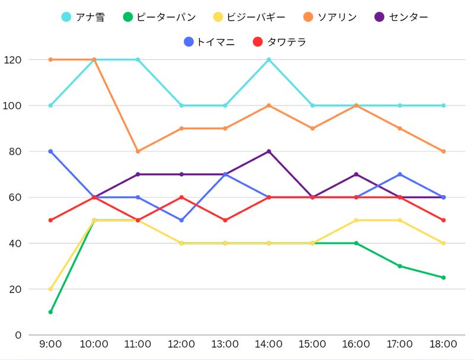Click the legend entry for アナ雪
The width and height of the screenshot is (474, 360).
[83, 17]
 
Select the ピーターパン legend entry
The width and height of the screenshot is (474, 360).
[159, 17]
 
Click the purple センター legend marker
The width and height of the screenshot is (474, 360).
[379, 17]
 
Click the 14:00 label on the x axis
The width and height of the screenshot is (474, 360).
[269, 345]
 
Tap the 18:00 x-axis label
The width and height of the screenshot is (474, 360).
[443, 345]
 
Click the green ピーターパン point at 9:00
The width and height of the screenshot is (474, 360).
[50, 312]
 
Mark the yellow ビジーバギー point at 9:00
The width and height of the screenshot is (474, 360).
[50, 289]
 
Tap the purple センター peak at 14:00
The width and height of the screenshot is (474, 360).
[269, 151]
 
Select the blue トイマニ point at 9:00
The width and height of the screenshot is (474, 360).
[50, 151]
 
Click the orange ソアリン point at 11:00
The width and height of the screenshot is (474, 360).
[138, 151]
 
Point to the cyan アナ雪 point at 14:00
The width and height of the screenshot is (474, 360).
[269, 60]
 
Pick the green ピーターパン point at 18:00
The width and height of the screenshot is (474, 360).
[443, 278]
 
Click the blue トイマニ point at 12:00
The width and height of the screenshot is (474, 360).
[181, 220]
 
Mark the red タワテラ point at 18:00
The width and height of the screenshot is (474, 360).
[443, 220]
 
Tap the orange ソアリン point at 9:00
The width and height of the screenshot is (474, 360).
[50, 60]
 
